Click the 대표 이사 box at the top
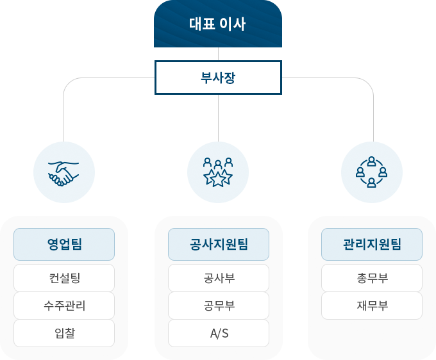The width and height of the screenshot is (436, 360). click(x=218, y=24)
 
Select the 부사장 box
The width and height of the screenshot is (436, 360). click(x=218, y=78)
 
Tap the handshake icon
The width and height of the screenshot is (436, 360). click(x=63, y=172)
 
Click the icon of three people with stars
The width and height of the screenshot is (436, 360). click(x=218, y=172)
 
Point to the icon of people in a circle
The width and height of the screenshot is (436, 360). click(x=371, y=172)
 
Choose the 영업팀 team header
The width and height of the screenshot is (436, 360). click(x=64, y=244)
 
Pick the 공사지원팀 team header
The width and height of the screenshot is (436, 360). click(x=218, y=244)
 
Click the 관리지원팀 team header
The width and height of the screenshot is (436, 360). click(x=372, y=244)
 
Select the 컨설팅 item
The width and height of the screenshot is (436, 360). click(x=64, y=278)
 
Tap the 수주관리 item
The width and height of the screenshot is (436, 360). click(x=64, y=306)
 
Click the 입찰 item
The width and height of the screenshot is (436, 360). click(x=64, y=333)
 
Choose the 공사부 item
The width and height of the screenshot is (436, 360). click(x=218, y=278)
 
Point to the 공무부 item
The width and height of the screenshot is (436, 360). click(x=218, y=306)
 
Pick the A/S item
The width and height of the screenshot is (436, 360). click(x=218, y=333)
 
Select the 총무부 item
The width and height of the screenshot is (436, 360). click(x=372, y=278)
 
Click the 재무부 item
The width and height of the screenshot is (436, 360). click(x=372, y=306)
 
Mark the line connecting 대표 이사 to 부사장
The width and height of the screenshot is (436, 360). click(x=218, y=54)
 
